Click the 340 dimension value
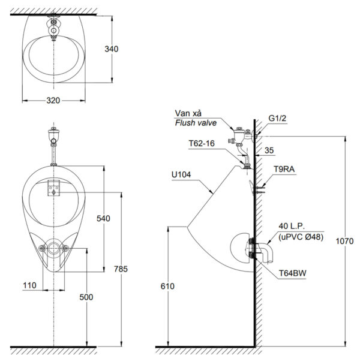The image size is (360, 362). pos(112,49)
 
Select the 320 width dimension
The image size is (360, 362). pos(53,101)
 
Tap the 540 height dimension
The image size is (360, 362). pos(103,218)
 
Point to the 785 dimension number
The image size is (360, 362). pos(121,269)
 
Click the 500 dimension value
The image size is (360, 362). pos(86,297)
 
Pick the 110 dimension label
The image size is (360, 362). pos(29,285)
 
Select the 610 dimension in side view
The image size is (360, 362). pos(167,286)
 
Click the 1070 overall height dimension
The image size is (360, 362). pos(344,242)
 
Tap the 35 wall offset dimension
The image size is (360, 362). pos(269,150)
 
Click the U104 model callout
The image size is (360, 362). pos(181,175)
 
